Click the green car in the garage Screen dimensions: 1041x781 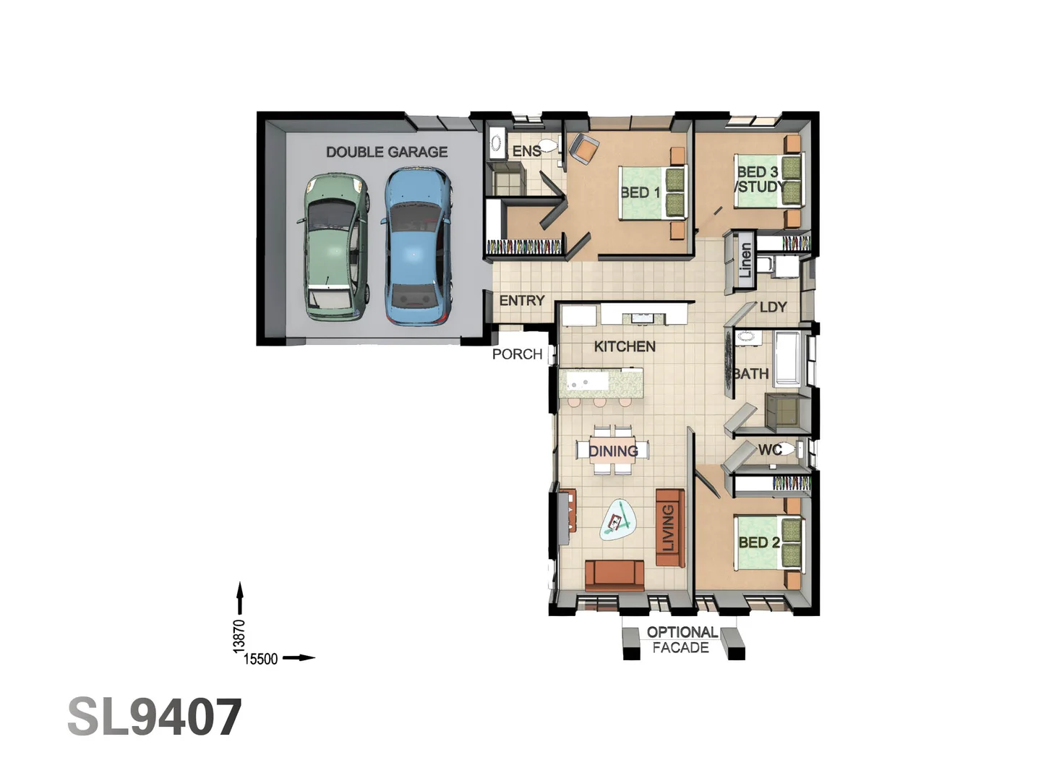tap(334, 247)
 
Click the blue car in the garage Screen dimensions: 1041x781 tap(416, 245)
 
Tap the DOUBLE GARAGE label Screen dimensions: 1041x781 tap(387, 152)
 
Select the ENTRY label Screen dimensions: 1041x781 tap(522, 300)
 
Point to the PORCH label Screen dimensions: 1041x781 tap(517, 354)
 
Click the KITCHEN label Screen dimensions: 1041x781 tap(625, 346)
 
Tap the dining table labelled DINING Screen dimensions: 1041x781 tap(613, 450)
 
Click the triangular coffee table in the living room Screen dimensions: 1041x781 tap(618, 520)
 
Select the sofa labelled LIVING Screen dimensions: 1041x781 tap(669, 528)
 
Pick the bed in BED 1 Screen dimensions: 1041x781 tap(653, 192)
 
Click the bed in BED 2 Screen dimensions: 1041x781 tap(768, 542)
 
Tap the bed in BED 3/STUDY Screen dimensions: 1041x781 tap(768, 180)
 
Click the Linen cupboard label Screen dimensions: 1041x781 tap(745, 260)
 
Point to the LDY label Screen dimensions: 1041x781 tap(773, 307)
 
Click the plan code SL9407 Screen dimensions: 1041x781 tap(155, 717)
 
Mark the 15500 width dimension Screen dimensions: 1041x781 tap(260, 659)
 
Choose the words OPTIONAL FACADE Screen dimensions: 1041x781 tap(682, 639)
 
